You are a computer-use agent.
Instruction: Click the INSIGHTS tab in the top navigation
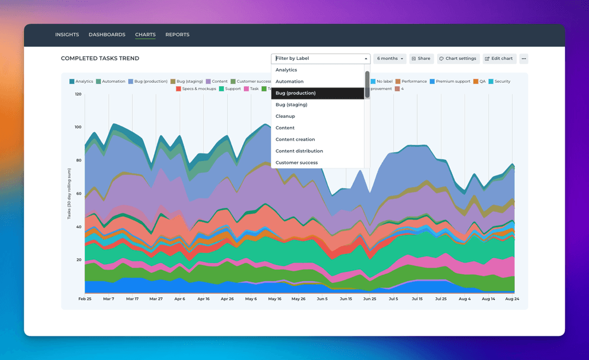click(67, 35)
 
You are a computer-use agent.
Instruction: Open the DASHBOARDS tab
click(107, 35)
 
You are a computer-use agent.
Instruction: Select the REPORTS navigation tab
click(177, 35)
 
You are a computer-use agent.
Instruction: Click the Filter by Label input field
click(319, 59)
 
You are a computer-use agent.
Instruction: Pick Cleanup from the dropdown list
click(285, 116)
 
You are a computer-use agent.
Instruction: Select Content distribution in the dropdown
click(299, 151)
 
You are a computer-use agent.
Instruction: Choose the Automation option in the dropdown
click(289, 82)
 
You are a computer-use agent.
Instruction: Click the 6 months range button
click(390, 59)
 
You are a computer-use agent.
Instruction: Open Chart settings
click(458, 59)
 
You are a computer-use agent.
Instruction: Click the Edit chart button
click(499, 59)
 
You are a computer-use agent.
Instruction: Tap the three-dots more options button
click(523, 59)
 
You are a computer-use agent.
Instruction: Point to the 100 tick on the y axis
click(78, 127)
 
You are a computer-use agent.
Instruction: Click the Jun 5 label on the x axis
click(322, 299)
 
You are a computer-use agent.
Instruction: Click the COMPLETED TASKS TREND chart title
click(100, 59)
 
